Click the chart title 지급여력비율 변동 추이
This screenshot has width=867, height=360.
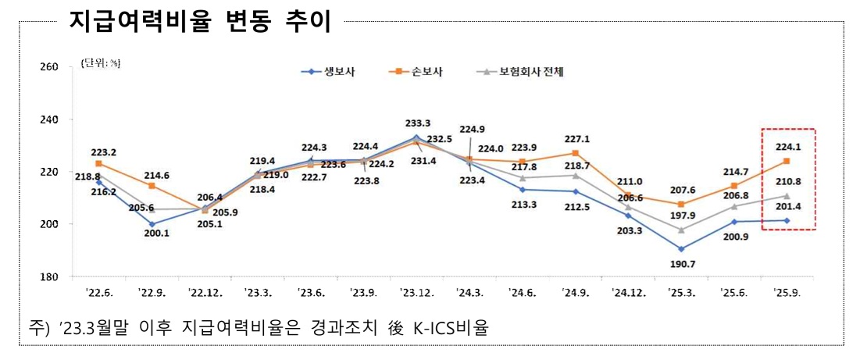click(200, 21)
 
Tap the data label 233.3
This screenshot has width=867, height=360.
click(417, 123)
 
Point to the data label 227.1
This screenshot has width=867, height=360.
click(576, 140)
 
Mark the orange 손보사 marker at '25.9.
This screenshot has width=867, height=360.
click(787, 161)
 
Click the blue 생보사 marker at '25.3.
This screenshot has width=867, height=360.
click(681, 249)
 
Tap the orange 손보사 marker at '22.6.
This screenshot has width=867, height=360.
click(98, 163)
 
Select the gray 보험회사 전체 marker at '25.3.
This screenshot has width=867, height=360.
click(681, 230)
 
